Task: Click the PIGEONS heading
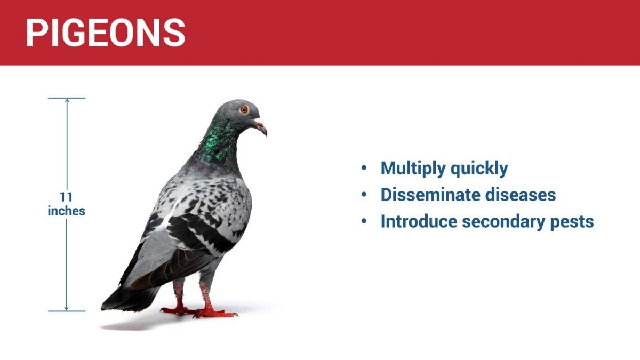(106, 33)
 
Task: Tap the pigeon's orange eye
(244, 109)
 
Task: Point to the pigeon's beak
(260, 126)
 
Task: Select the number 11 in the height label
(66, 197)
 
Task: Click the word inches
(66, 211)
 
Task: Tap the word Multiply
(413, 169)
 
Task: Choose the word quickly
(479, 169)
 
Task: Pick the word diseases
(521, 195)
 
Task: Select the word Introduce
(419, 221)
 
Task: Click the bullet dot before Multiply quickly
(364, 168)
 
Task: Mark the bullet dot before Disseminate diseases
(364, 195)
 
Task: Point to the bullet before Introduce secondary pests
(364, 221)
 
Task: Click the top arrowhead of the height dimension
(67, 100)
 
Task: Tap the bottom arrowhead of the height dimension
(67, 309)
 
